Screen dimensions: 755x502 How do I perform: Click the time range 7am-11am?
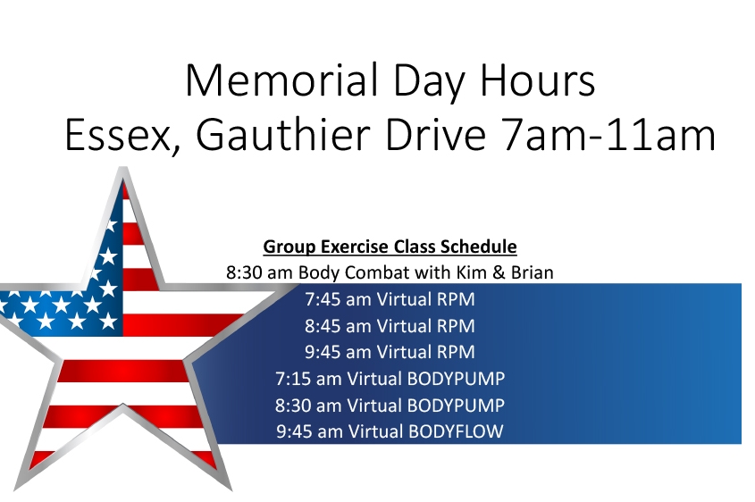(608, 135)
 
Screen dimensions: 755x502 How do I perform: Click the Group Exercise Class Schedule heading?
(390, 247)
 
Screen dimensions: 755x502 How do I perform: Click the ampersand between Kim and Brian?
(499, 273)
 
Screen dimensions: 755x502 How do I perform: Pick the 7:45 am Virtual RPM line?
(390, 299)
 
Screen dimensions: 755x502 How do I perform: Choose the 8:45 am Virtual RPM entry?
(390, 326)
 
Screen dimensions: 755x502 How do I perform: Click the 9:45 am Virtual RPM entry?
(390, 352)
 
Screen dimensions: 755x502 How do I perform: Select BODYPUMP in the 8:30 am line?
(456, 406)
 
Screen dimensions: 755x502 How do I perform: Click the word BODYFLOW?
(456, 431)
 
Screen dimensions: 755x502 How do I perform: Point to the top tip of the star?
(123, 168)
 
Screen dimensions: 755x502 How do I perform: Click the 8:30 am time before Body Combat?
(259, 273)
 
